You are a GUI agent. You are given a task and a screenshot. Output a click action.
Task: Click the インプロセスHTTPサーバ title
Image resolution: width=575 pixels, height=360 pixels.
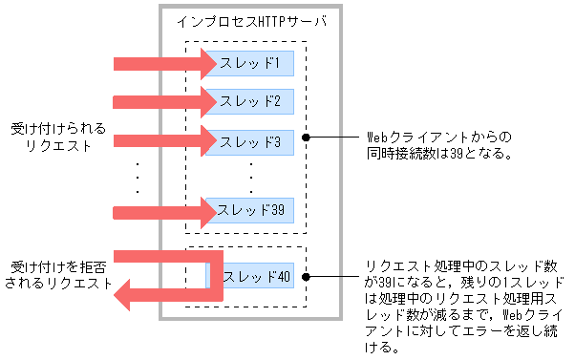pyautogui.click(x=245, y=22)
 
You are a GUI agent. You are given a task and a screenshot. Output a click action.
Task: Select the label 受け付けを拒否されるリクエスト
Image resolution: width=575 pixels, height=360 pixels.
pyautogui.click(x=58, y=275)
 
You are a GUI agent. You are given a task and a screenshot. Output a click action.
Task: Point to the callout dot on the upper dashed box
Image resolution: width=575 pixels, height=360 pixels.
pyautogui.click(x=305, y=138)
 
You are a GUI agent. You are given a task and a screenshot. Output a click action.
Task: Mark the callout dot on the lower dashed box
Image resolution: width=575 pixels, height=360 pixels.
pyautogui.click(x=305, y=278)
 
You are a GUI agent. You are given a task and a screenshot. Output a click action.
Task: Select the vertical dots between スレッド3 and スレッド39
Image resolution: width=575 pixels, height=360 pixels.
pyautogui.click(x=251, y=177)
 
